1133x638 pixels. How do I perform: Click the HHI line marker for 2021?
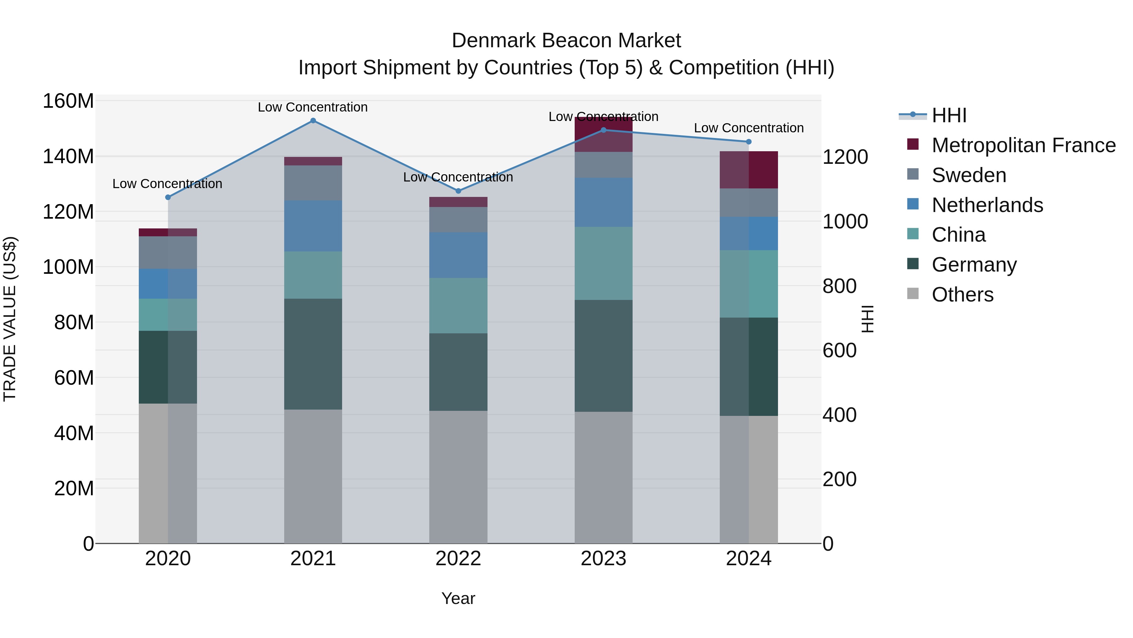313,121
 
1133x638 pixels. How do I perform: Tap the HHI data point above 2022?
458,191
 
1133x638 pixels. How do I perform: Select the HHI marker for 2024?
749,142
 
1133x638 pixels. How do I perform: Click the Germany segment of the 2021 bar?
313,354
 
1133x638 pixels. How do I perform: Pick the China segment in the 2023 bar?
603,263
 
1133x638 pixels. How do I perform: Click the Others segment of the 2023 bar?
603,477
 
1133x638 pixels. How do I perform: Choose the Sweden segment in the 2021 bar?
313,183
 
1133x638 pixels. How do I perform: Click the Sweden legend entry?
968,175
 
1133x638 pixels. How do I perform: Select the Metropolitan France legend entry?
1023,145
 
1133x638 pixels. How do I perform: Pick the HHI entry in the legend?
949,115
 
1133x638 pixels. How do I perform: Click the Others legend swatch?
913,294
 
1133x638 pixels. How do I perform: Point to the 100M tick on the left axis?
68,267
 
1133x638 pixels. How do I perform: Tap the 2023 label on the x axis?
603,558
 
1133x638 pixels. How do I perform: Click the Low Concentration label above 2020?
167,184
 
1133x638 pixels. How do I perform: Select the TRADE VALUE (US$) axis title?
10,319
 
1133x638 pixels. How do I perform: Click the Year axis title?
458,598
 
